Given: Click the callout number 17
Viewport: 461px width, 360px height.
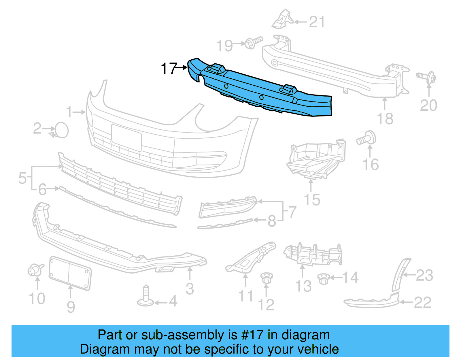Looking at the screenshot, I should click(x=169, y=69).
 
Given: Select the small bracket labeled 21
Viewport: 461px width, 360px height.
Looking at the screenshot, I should click(x=282, y=20).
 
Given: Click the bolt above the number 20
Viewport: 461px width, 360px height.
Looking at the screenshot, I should click(x=427, y=77).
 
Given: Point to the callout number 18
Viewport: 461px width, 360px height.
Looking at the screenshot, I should click(x=385, y=119).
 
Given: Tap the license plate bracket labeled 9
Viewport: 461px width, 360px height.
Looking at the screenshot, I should click(x=70, y=273).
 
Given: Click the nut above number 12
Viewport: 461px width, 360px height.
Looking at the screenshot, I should click(x=266, y=278).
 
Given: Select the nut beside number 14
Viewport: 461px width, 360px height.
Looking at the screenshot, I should click(x=324, y=279).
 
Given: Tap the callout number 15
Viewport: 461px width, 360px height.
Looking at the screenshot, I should click(x=312, y=200).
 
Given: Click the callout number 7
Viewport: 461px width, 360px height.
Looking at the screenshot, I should click(x=292, y=212).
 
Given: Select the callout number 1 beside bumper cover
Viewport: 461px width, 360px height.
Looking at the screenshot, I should click(x=69, y=112).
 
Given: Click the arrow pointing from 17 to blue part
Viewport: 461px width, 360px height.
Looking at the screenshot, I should click(x=182, y=67).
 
